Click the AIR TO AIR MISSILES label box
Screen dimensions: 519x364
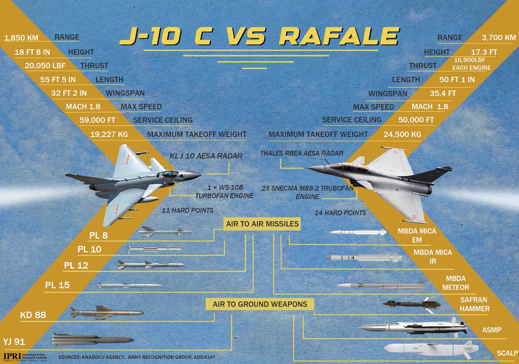click(262, 224)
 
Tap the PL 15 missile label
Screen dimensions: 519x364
click(58, 285)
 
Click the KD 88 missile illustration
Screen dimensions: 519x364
click(106, 312)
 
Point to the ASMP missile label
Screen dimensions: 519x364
click(492, 330)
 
